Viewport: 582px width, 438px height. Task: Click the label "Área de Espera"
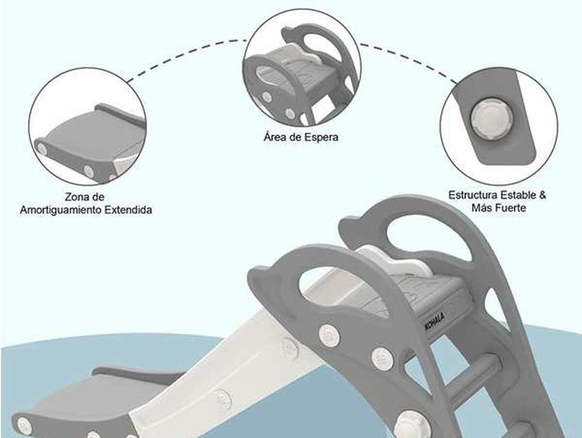pyautogui.click(x=301, y=137)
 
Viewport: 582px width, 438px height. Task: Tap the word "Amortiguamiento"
pyautogui.click(x=61, y=210)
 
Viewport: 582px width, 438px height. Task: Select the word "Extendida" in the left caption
pyautogui.click(x=128, y=210)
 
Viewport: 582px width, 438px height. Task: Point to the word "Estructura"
pyautogui.click(x=473, y=195)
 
